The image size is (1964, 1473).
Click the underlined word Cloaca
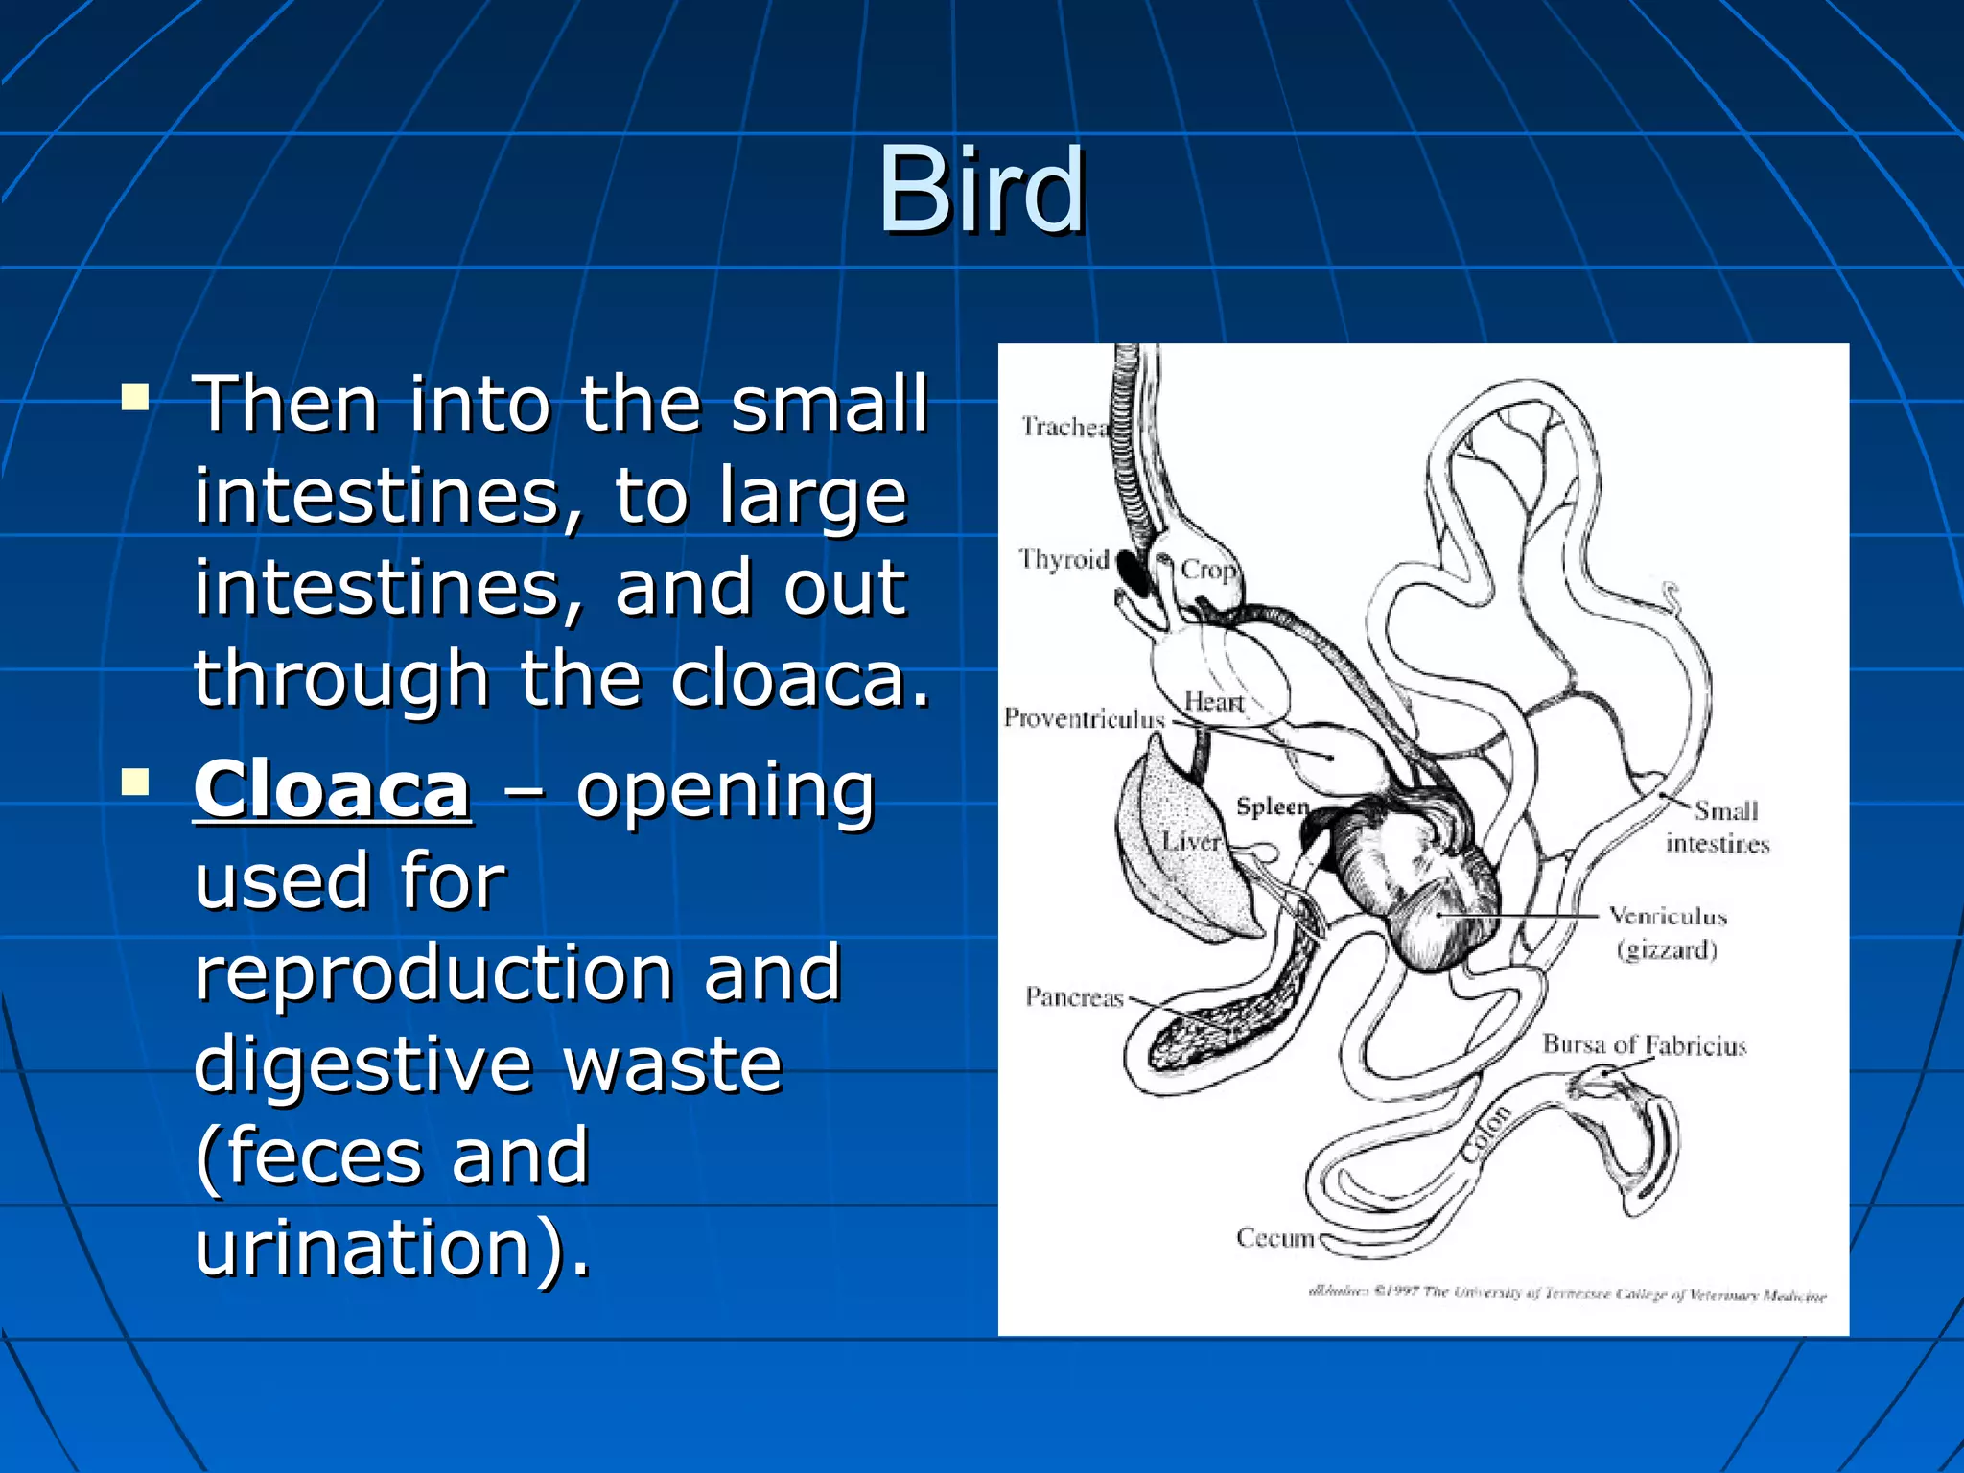(332, 790)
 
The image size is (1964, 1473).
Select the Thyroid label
(1063, 559)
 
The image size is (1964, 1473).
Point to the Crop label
(1206, 570)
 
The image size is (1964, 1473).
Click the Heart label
(1213, 702)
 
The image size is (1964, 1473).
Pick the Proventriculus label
(1084, 718)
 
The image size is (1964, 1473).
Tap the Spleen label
(1272, 807)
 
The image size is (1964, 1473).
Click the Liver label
(1191, 842)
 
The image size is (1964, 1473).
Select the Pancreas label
(1074, 997)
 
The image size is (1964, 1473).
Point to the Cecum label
(1274, 1238)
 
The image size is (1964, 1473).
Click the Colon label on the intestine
(1486, 1134)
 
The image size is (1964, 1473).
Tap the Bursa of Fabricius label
(1644, 1044)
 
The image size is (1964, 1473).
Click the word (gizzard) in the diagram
(1667, 950)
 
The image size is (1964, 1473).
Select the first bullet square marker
(135, 397)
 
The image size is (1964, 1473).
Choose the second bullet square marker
(135, 783)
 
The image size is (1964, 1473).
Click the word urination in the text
(363, 1248)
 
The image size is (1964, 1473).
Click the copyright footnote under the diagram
(1567, 1294)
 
